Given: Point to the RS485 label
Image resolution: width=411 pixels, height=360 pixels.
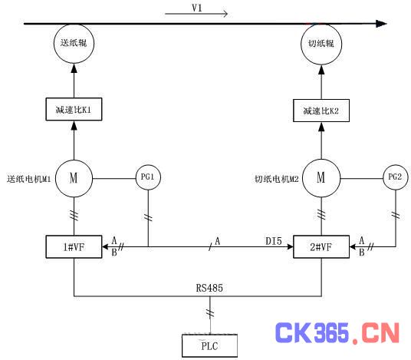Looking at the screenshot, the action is click(209, 288).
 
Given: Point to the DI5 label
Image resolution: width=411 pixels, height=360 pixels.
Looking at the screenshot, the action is click(274, 241).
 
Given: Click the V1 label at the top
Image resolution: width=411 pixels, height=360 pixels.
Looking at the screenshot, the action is click(197, 8).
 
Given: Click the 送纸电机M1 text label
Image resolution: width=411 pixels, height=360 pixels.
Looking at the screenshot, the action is click(29, 179).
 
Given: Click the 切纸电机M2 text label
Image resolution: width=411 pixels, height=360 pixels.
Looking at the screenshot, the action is click(277, 179).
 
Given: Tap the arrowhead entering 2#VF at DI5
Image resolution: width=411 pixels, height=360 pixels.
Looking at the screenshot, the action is click(290, 246).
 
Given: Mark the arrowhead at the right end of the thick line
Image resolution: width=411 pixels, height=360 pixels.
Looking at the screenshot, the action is click(381, 24).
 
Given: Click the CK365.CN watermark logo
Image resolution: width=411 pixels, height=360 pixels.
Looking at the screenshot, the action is click(337, 332).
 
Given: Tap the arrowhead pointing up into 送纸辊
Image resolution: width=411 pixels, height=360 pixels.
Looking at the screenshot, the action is click(74, 68).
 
